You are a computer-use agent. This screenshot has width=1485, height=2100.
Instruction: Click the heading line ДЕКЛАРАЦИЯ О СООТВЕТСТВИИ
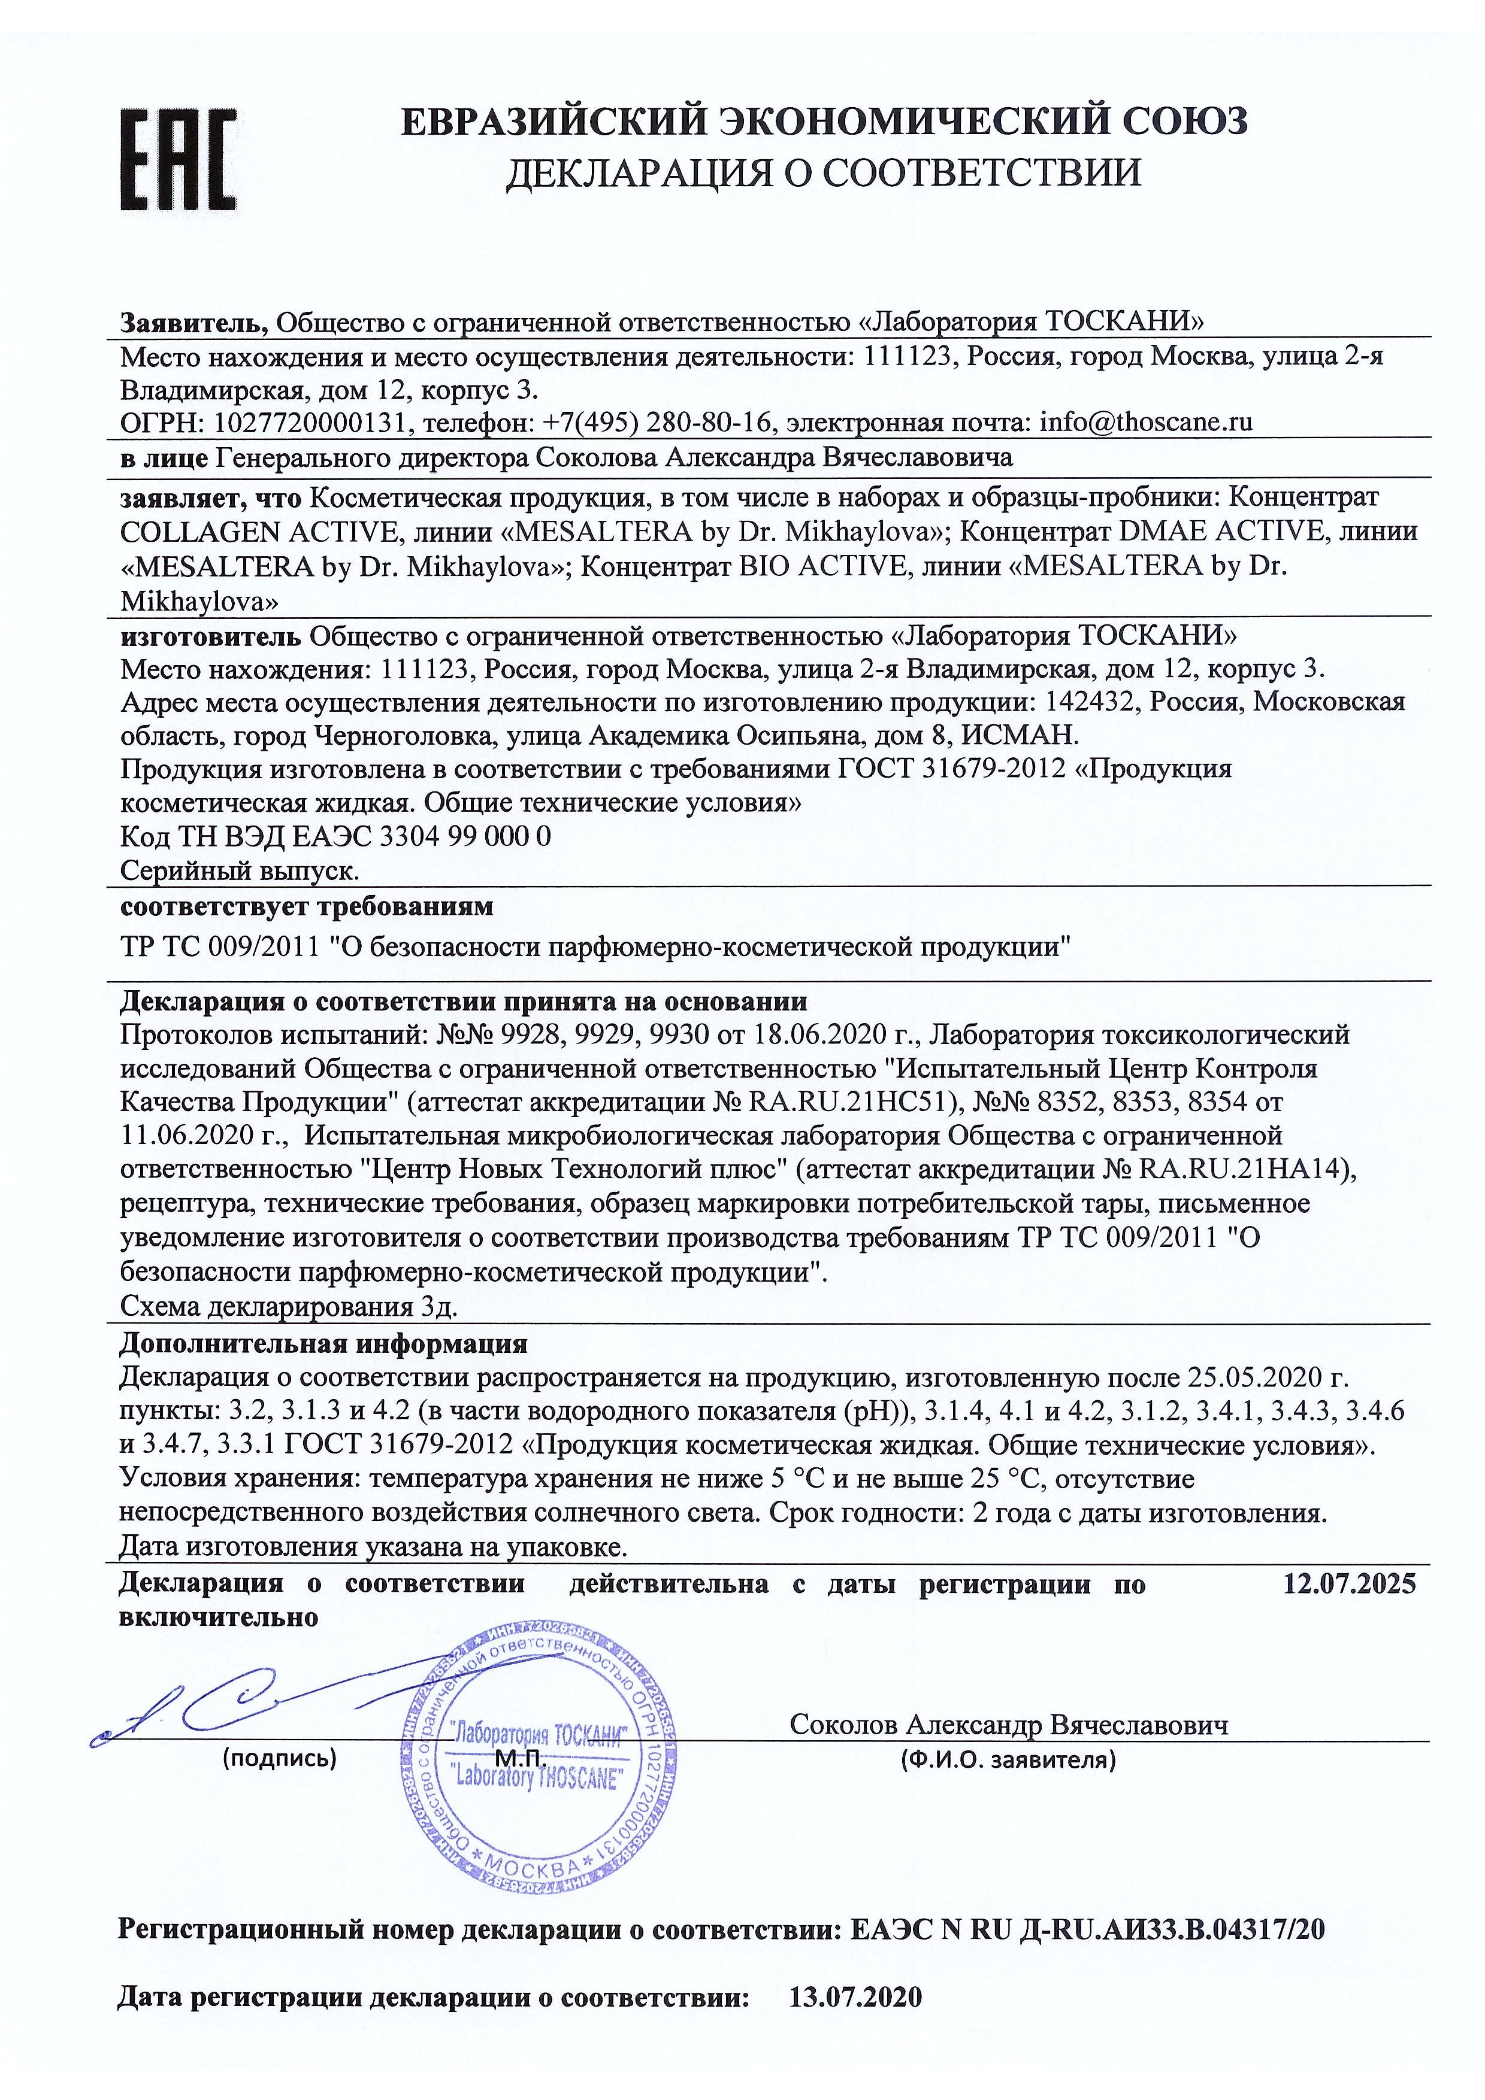pyautogui.click(x=824, y=171)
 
